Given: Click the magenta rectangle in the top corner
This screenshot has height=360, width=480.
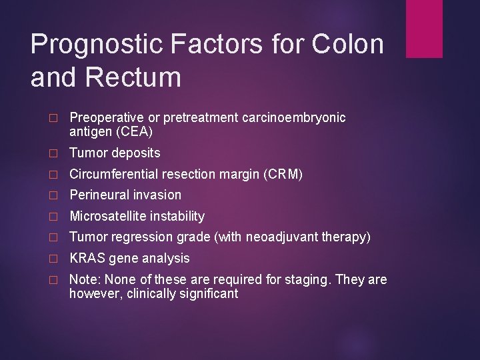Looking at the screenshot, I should [x=424, y=28].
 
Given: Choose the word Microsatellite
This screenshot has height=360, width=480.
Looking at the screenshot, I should [x=107, y=216].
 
